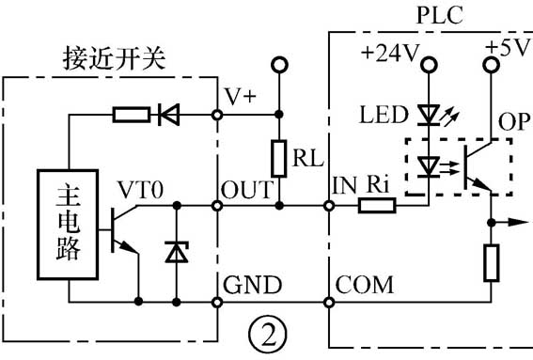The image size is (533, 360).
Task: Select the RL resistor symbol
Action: [x=278, y=157]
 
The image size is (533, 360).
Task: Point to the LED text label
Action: [x=382, y=116]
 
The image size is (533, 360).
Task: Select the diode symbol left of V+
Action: [x=170, y=116]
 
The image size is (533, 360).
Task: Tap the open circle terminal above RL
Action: [x=278, y=65]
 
